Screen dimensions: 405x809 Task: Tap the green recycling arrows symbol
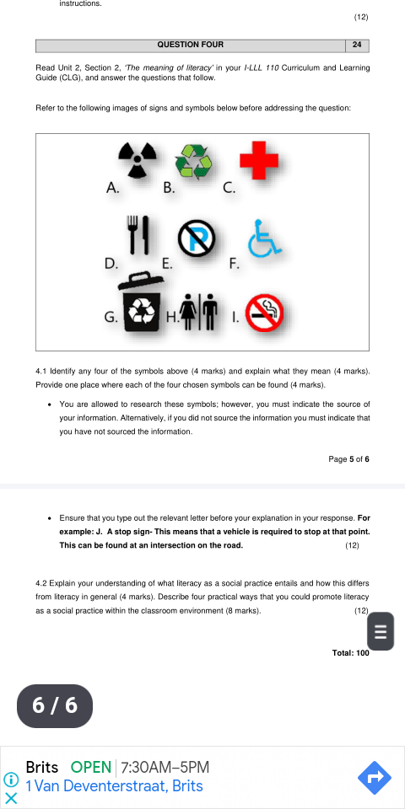193,161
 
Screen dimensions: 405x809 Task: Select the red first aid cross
257,159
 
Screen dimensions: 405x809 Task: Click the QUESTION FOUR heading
190,45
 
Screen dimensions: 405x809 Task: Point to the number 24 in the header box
357,45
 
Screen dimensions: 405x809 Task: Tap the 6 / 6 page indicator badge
55,705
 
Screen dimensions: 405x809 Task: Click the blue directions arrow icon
374,778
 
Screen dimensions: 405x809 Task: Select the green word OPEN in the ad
91,767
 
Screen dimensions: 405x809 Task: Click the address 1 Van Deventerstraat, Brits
114,786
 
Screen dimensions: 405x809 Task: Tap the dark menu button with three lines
381,631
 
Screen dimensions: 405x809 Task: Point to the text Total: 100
351,653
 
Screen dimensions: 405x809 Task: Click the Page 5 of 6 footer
348,458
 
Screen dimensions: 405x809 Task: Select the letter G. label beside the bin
111,317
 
